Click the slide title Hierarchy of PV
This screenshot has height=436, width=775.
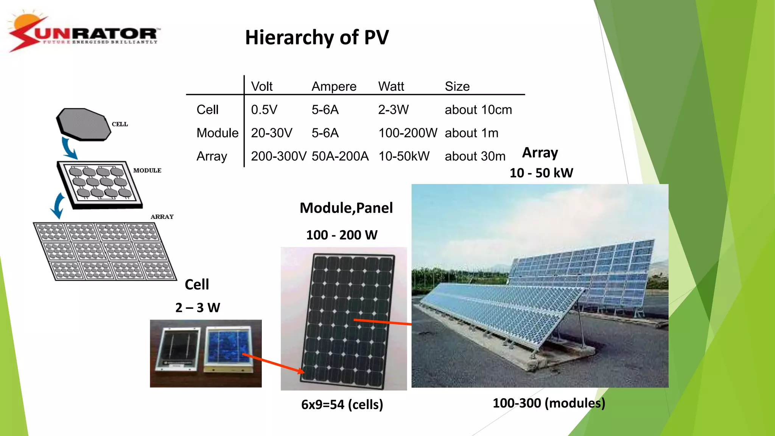317,37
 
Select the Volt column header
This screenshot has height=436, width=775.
261,86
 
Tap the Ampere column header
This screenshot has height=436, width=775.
334,86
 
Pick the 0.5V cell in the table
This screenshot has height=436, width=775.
264,110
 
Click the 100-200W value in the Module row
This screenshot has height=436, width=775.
408,133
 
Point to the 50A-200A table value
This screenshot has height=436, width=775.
340,156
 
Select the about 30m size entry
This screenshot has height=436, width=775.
475,156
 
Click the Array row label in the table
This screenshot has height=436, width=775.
212,156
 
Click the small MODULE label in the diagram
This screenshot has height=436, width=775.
147,170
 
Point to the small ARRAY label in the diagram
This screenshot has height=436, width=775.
162,216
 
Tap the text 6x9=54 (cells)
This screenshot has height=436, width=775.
342,404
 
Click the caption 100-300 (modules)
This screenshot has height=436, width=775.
549,403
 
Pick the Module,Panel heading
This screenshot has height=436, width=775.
346,208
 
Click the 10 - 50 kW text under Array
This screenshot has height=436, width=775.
541,173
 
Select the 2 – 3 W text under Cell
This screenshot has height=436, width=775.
198,307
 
